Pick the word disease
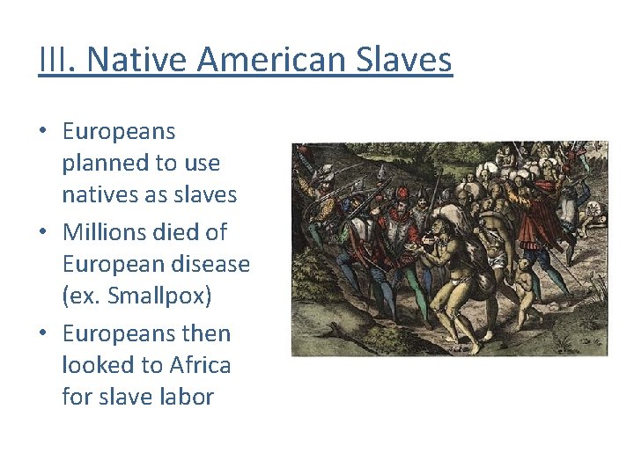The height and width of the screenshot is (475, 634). [x=209, y=264]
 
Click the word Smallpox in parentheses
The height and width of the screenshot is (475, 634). [x=158, y=296]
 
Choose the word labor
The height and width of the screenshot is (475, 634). [x=186, y=397]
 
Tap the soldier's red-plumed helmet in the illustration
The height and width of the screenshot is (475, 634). [x=402, y=193]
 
